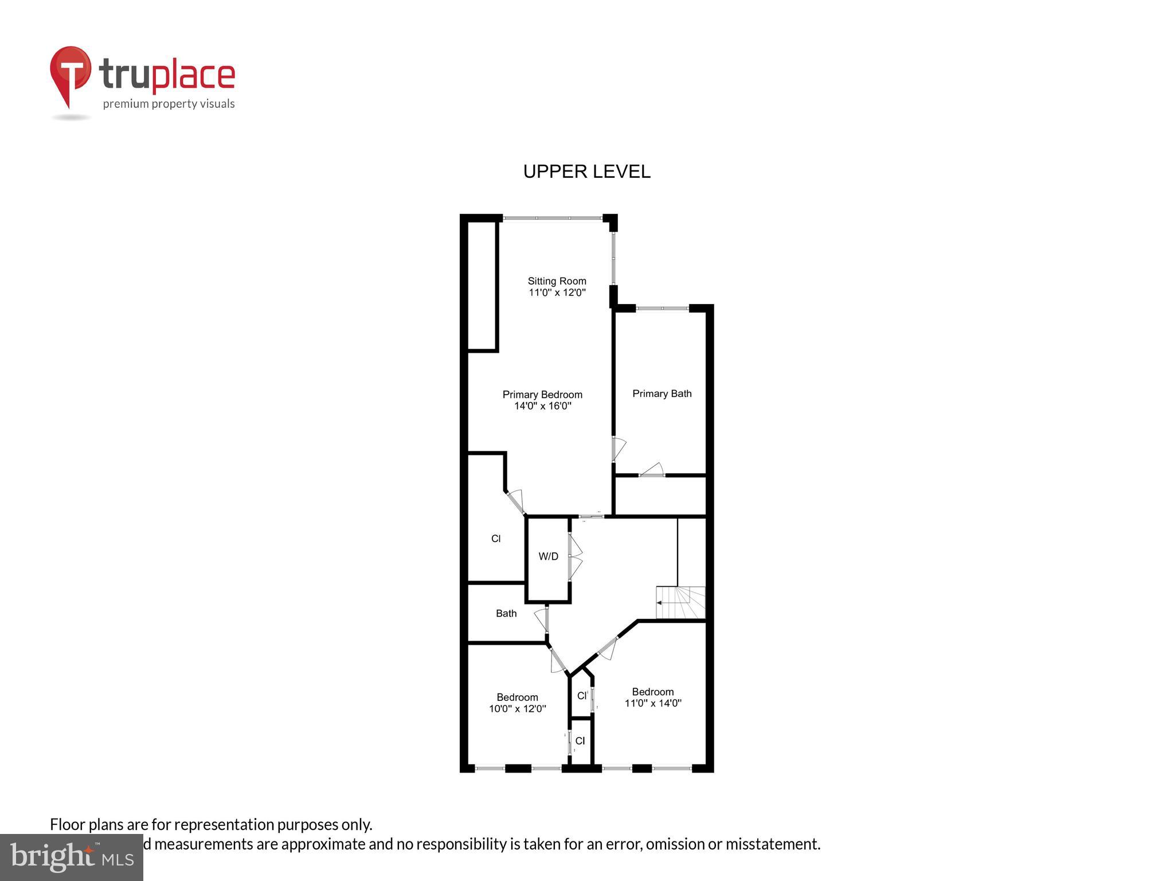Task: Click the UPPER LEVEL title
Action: [586, 171]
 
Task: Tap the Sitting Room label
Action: [557, 281]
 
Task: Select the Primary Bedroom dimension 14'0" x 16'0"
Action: [542, 406]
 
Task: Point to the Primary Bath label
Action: [662, 393]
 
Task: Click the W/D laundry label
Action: [548, 556]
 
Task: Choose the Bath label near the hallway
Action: [506, 613]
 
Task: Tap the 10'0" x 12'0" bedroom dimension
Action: [517, 709]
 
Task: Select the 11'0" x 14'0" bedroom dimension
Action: [652, 703]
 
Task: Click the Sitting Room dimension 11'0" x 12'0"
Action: [557, 293]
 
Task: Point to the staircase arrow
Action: [660, 603]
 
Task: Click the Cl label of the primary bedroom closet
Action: [496, 539]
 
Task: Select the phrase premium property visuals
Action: [169, 104]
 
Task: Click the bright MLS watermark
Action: [72, 857]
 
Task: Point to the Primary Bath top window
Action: [662, 309]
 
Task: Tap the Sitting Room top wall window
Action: [553, 218]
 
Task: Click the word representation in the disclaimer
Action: [225, 824]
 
